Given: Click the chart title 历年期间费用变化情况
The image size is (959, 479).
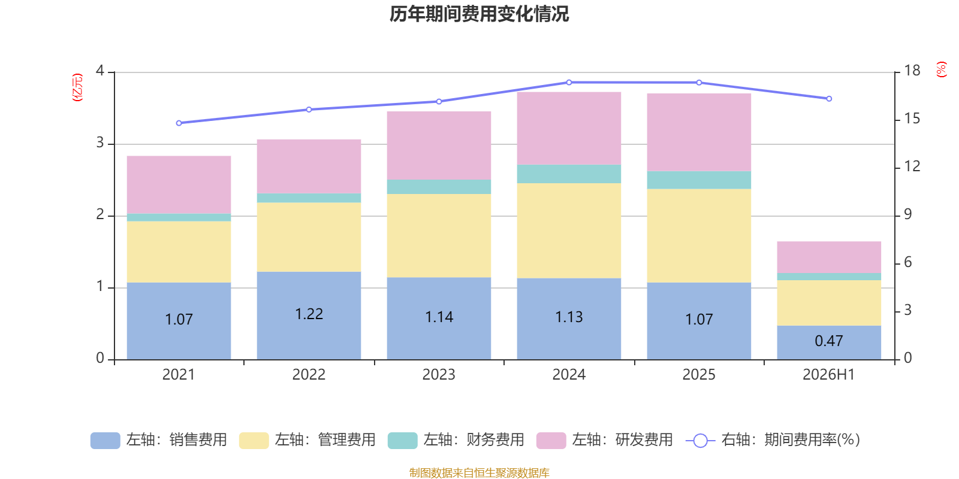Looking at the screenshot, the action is point(479,14).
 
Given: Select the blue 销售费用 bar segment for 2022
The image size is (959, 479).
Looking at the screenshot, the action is point(309,316).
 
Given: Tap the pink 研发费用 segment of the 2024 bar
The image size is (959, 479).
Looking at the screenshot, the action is point(569,128).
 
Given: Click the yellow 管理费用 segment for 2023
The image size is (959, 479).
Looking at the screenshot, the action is point(439,236).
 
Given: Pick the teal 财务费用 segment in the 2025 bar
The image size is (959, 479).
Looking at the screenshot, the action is point(699,180).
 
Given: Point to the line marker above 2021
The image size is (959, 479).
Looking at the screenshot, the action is point(179,123).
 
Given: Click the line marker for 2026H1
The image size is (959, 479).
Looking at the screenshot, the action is point(829,99).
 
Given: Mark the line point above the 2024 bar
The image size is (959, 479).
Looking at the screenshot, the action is point(569,83).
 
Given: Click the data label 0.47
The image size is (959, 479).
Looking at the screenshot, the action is point(829,341).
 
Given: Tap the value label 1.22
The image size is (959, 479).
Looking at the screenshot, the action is point(309,314).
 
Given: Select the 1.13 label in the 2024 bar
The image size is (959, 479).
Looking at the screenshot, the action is point(569,317).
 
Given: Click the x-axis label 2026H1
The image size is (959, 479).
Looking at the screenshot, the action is point(829,375).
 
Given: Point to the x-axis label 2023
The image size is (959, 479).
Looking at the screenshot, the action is point(439,375).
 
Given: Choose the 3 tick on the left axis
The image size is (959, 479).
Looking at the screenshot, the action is point(100,143).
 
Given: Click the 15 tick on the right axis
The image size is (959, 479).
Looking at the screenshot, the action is point(912,119).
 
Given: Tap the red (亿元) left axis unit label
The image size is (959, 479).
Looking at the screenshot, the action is point(77,87).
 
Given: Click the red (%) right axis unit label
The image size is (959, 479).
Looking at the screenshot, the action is point(942,69).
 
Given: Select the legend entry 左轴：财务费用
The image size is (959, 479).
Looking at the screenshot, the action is point(456,440).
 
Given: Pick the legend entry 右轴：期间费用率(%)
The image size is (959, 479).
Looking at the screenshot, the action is point(773,440).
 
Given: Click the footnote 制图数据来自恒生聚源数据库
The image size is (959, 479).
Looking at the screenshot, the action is point(479,472).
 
